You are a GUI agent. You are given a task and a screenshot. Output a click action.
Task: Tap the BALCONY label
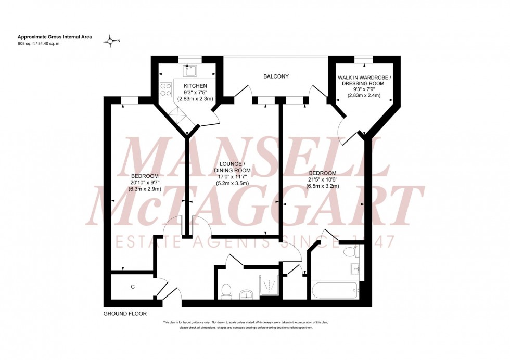click(276, 76)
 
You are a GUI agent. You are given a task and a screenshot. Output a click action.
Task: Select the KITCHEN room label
click(195, 86)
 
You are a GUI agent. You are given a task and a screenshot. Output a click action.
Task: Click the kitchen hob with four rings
click(166, 90)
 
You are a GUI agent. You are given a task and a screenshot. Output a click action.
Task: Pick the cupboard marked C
click(133, 286)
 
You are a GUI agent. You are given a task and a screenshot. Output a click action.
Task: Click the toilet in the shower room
click(226, 291)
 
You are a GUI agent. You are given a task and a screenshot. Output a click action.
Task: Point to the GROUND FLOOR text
click(125, 314)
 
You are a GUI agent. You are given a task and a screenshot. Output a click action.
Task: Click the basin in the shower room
click(245, 295)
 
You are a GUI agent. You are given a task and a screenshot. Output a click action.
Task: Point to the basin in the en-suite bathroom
click(354, 268)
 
